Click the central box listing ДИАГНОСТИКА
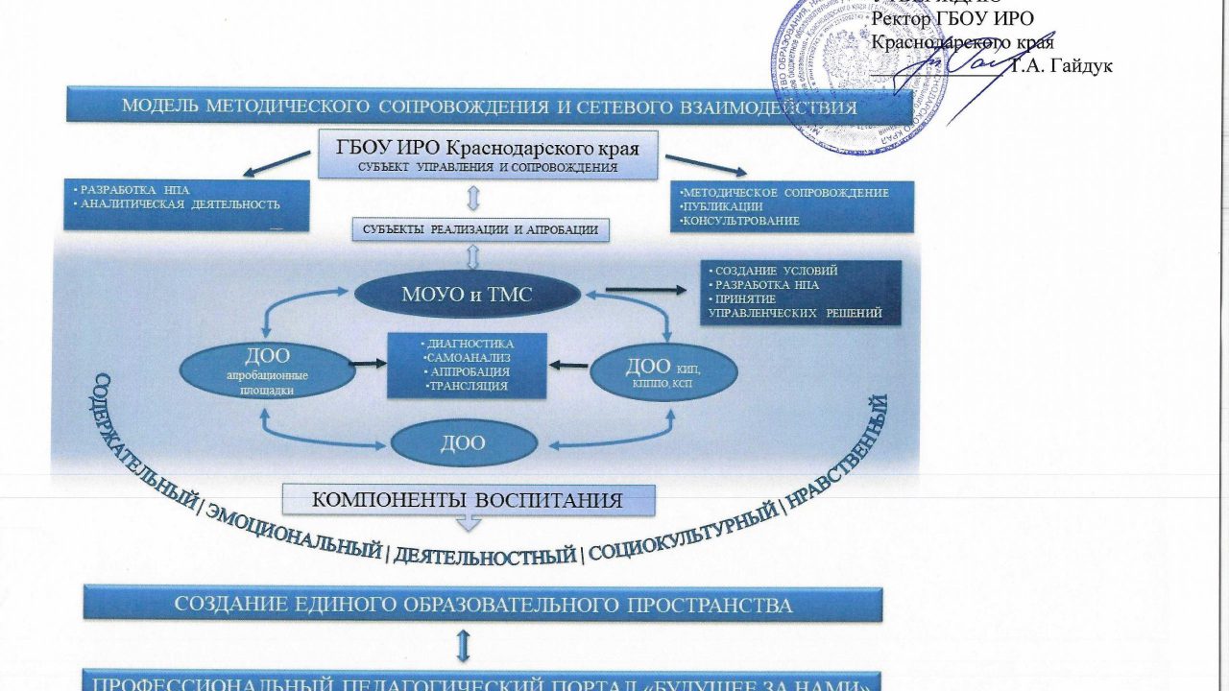coord(467,365)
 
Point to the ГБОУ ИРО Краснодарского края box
coord(489,155)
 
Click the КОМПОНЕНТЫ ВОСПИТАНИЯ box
coord(469,500)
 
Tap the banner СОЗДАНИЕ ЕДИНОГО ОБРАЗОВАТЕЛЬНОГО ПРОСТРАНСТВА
coord(482,606)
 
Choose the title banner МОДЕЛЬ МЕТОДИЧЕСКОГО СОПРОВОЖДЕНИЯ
coord(489,107)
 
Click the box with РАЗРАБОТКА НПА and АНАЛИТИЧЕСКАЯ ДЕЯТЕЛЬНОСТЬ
coord(187,203)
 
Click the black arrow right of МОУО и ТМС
coord(639,289)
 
